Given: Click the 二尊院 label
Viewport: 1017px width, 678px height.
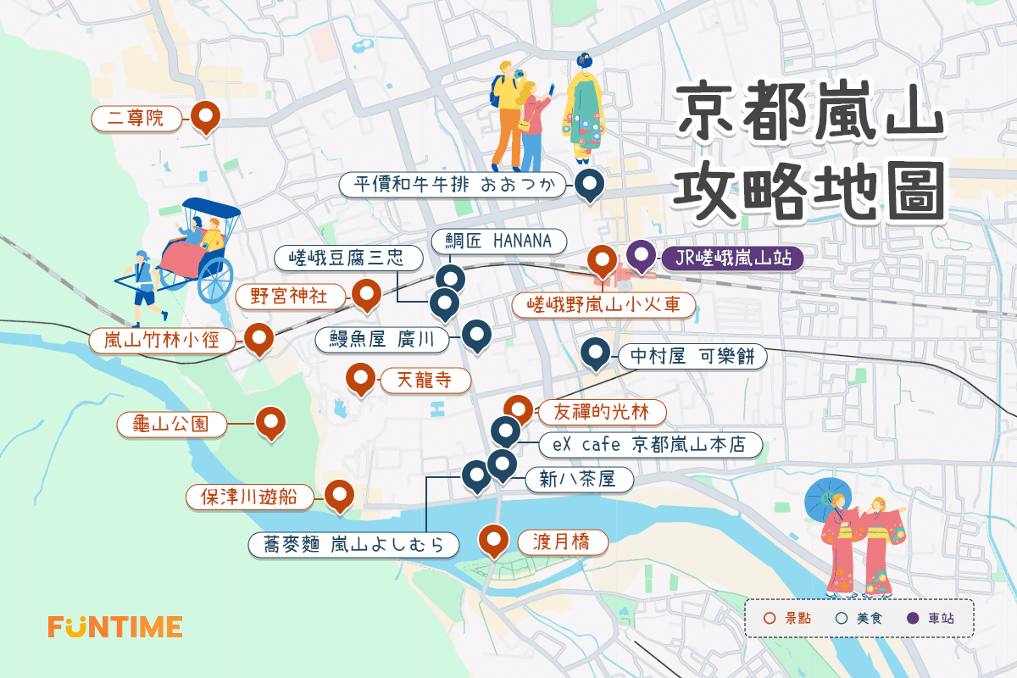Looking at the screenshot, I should pos(136,119).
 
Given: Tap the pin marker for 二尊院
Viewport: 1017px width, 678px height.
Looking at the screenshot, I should pos(205,116).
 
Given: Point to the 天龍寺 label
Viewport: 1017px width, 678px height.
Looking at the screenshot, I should pos(425,381).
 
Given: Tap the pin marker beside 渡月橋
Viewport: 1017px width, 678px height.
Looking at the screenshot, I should pos(493,539).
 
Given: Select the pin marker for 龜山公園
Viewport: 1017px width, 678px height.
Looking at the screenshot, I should pos(270,421).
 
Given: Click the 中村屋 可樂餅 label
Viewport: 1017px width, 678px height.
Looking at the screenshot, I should pos(692,357).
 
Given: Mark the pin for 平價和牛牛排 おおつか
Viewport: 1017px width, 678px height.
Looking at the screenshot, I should pos(588,183).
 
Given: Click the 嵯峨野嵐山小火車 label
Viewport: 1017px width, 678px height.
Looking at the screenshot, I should pos(603,305).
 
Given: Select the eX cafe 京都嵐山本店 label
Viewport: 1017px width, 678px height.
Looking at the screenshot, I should pos(651,444).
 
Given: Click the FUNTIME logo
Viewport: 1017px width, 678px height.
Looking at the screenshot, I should pos(114,626).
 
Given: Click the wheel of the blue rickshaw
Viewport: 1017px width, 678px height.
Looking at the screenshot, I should pos(214,280).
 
